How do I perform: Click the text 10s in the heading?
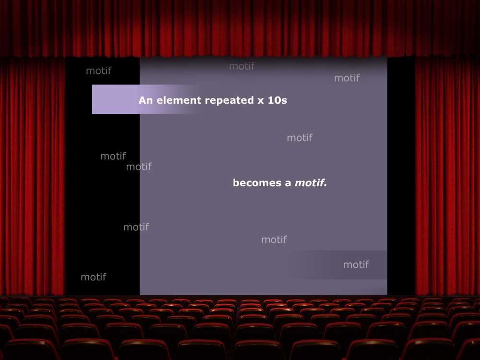pos(277,100)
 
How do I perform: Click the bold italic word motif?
pos(309,182)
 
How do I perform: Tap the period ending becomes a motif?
pos(325,185)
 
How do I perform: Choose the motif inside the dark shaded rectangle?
pos(356,264)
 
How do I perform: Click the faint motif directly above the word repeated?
pos(242,66)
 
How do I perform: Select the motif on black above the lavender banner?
pos(98,71)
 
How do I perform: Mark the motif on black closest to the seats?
pos(94,277)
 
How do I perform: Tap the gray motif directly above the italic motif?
pos(300,137)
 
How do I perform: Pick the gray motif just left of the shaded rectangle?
pos(274,239)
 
